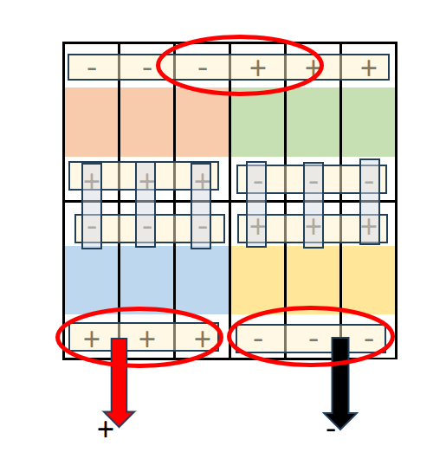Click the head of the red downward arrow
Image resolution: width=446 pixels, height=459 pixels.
click(119, 418)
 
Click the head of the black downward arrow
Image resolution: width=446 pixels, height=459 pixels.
click(340, 420)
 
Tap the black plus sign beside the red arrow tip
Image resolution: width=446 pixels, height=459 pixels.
click(106, 430)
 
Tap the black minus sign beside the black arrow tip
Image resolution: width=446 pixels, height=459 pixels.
click(331, 430)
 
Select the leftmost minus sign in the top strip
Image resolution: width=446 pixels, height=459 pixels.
click(92, 68)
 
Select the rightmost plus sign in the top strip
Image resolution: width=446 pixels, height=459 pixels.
click(369, 68)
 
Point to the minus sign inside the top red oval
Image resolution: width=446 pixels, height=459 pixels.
click(203, 68)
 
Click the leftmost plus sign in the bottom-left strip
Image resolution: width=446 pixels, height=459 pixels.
click(92, 339)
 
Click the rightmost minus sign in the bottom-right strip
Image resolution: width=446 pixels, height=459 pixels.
click(369, 339)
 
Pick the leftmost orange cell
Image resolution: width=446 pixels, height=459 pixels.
click(92, 122)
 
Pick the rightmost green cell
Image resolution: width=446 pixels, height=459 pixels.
click(369, 122)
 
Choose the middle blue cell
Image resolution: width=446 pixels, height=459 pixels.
click(147, 280)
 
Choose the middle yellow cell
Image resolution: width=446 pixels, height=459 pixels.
click(313, 280)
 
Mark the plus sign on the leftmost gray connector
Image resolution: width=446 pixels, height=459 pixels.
click(92, 181)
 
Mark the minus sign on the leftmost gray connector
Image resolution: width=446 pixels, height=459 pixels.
click(92, 227)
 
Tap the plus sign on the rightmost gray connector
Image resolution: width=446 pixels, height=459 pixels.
click(369, 226)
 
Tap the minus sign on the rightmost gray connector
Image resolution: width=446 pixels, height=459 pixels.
click(369, 183)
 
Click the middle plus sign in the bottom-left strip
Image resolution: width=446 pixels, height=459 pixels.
click(147, 339)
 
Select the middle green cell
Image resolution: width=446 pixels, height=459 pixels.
click(313, 122)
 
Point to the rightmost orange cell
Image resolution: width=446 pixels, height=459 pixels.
click(203, 122)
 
